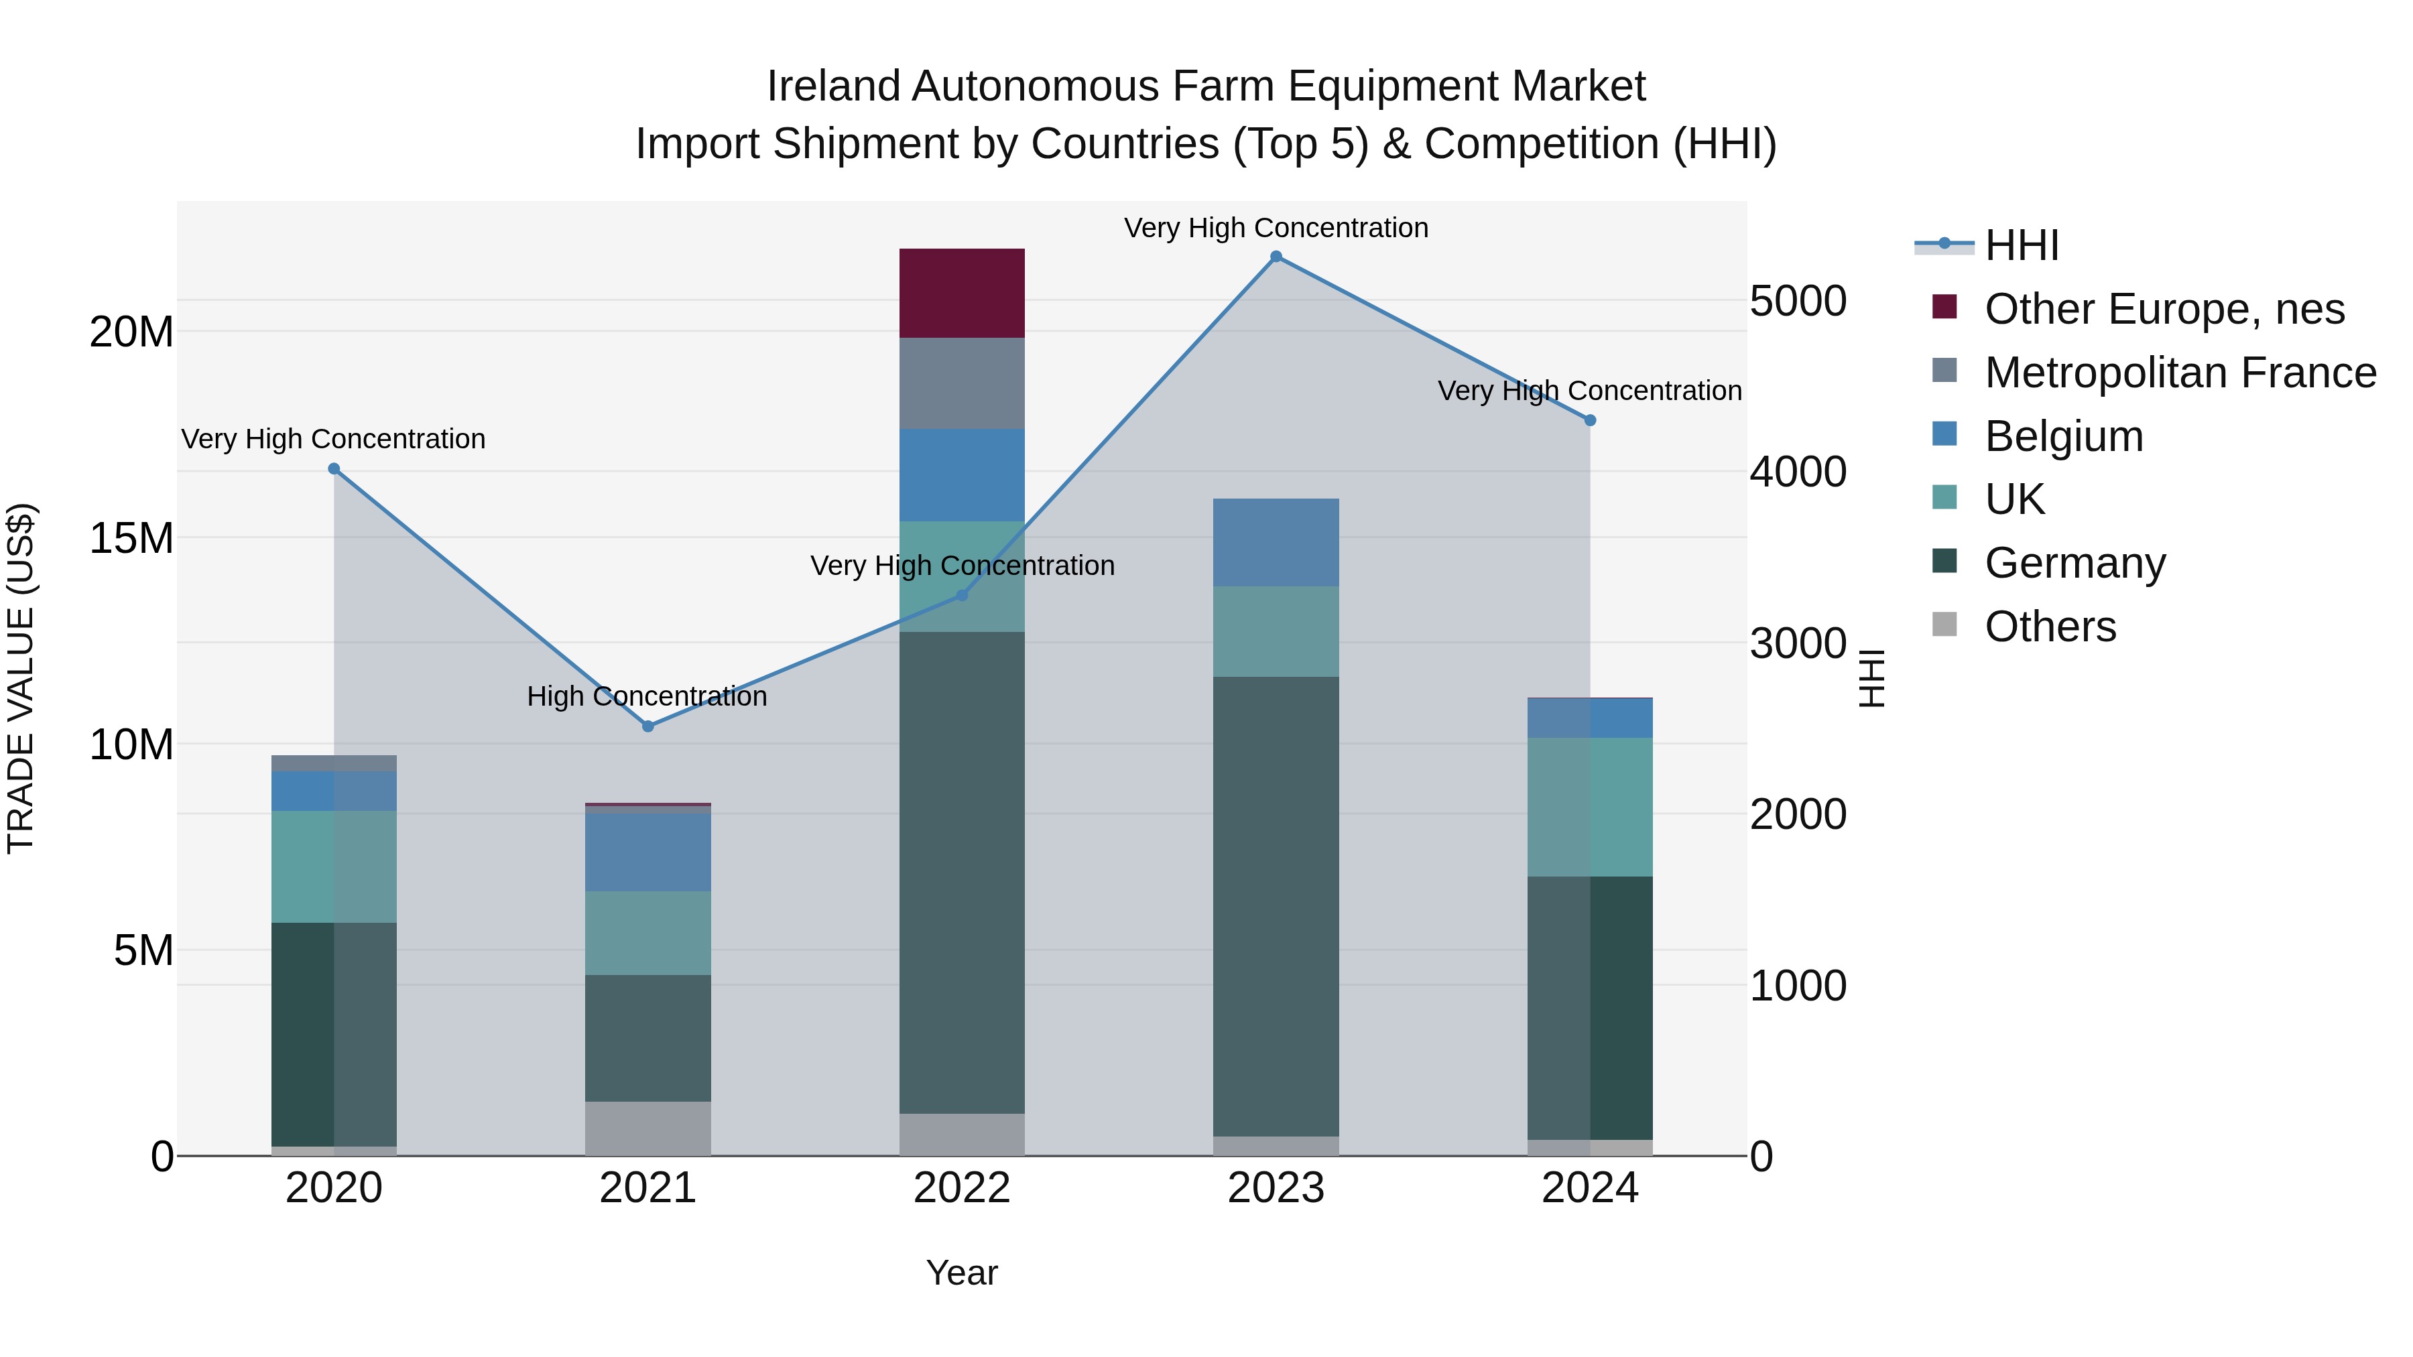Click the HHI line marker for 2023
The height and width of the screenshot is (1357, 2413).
pyautogui.click(x=1276, y=257)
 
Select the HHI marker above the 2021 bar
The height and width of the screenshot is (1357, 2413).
pyautogui.click(x=648, y=726)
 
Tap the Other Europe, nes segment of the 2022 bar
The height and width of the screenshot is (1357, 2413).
pyautogui.click(x=962, y=293)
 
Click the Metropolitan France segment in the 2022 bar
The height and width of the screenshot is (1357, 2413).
pyautogui.click(x=962, y=383)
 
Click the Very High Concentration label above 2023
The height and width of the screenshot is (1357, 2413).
pyautogui.click(x=1276, y=228)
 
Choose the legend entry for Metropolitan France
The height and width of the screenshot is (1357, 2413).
pyautogui.click(x=2180, y=373)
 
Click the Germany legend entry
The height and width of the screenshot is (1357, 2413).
pyautogui.click(x=2075, y=563)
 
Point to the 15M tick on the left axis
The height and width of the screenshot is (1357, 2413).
pyautogui.click(x=131, y=539)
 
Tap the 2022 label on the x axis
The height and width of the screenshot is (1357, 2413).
pyautogui.click(x=962, y=1188)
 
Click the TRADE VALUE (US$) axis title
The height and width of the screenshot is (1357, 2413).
pyautogui.click(x=21, y=678)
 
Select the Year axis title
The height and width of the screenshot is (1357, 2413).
pyautogui.click(x=962, y=1273)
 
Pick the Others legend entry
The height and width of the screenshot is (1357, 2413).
pyautogui.click(x=2050, y=627)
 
